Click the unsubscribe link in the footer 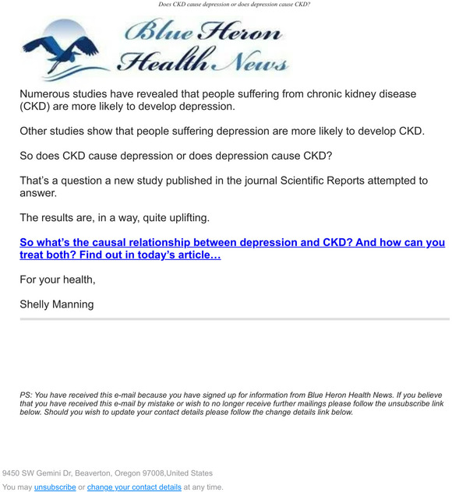pos(55,487)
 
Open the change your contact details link pos(134,487)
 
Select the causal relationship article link pos(232,248)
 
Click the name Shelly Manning pos(56,304)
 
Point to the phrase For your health pos(57,279)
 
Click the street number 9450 pos(13,473)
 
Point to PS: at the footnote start pos(26,395)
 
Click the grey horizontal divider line pos(234,319)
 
